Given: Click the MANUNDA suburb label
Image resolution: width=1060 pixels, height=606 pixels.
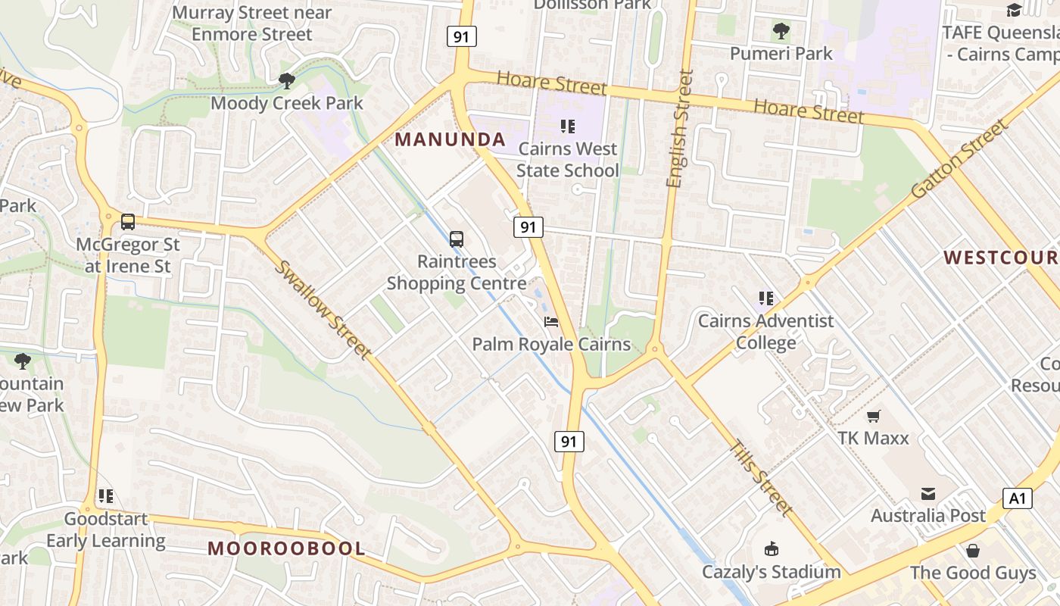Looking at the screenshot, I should tap(450, 139).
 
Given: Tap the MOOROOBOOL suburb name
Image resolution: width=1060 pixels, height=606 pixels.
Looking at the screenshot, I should tap(286, 548).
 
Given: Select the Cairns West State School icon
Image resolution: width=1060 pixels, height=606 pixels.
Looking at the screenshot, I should tap(567, 127).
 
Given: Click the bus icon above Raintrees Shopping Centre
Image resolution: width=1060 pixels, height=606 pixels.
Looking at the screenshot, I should tap(457, 239).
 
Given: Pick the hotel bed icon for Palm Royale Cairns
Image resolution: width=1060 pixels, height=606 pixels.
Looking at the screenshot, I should tap(551, 322).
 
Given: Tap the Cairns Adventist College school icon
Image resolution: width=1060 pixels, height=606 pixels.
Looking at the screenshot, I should tap(765, 298).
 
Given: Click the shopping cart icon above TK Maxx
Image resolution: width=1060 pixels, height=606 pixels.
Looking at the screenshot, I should tap(874, 416).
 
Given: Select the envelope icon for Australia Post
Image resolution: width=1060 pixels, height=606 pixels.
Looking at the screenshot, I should tap(928, 494).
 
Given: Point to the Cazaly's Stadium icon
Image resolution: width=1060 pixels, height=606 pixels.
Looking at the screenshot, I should tap(772, 549).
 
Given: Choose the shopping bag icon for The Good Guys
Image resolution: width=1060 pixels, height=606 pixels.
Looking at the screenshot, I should tap(973, 550).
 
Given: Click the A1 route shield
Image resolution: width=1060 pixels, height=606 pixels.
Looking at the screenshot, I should tap(1017, 498).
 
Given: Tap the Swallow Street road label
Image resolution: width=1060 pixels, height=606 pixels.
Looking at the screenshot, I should tap(323, 309).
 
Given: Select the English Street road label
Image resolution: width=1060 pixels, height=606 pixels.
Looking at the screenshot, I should tap(679, 129).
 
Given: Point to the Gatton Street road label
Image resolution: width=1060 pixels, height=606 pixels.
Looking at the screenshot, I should tap(959, 159).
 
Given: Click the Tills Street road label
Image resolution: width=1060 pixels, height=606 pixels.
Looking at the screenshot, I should tap(762, 478).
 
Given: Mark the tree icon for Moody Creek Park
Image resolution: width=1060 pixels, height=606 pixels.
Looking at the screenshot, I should tap(286, 80).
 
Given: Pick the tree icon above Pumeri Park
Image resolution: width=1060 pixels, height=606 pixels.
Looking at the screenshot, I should tap(781, 31).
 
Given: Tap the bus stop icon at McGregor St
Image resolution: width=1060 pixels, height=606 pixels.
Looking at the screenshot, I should tap(128, 222).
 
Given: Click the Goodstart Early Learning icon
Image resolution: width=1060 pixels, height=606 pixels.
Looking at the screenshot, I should tap(105, 497).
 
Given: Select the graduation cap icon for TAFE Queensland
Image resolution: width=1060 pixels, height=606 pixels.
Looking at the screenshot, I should tap(1014, 10).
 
